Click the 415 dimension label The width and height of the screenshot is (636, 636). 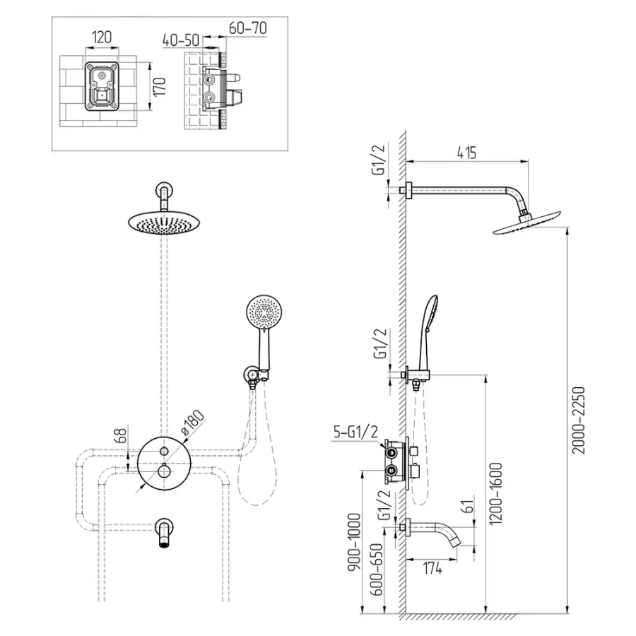pos(466,151)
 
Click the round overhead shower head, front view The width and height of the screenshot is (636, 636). pos(164,223)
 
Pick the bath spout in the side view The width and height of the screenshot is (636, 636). pos(441,531)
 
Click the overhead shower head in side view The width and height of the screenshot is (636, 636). pos(529,225)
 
